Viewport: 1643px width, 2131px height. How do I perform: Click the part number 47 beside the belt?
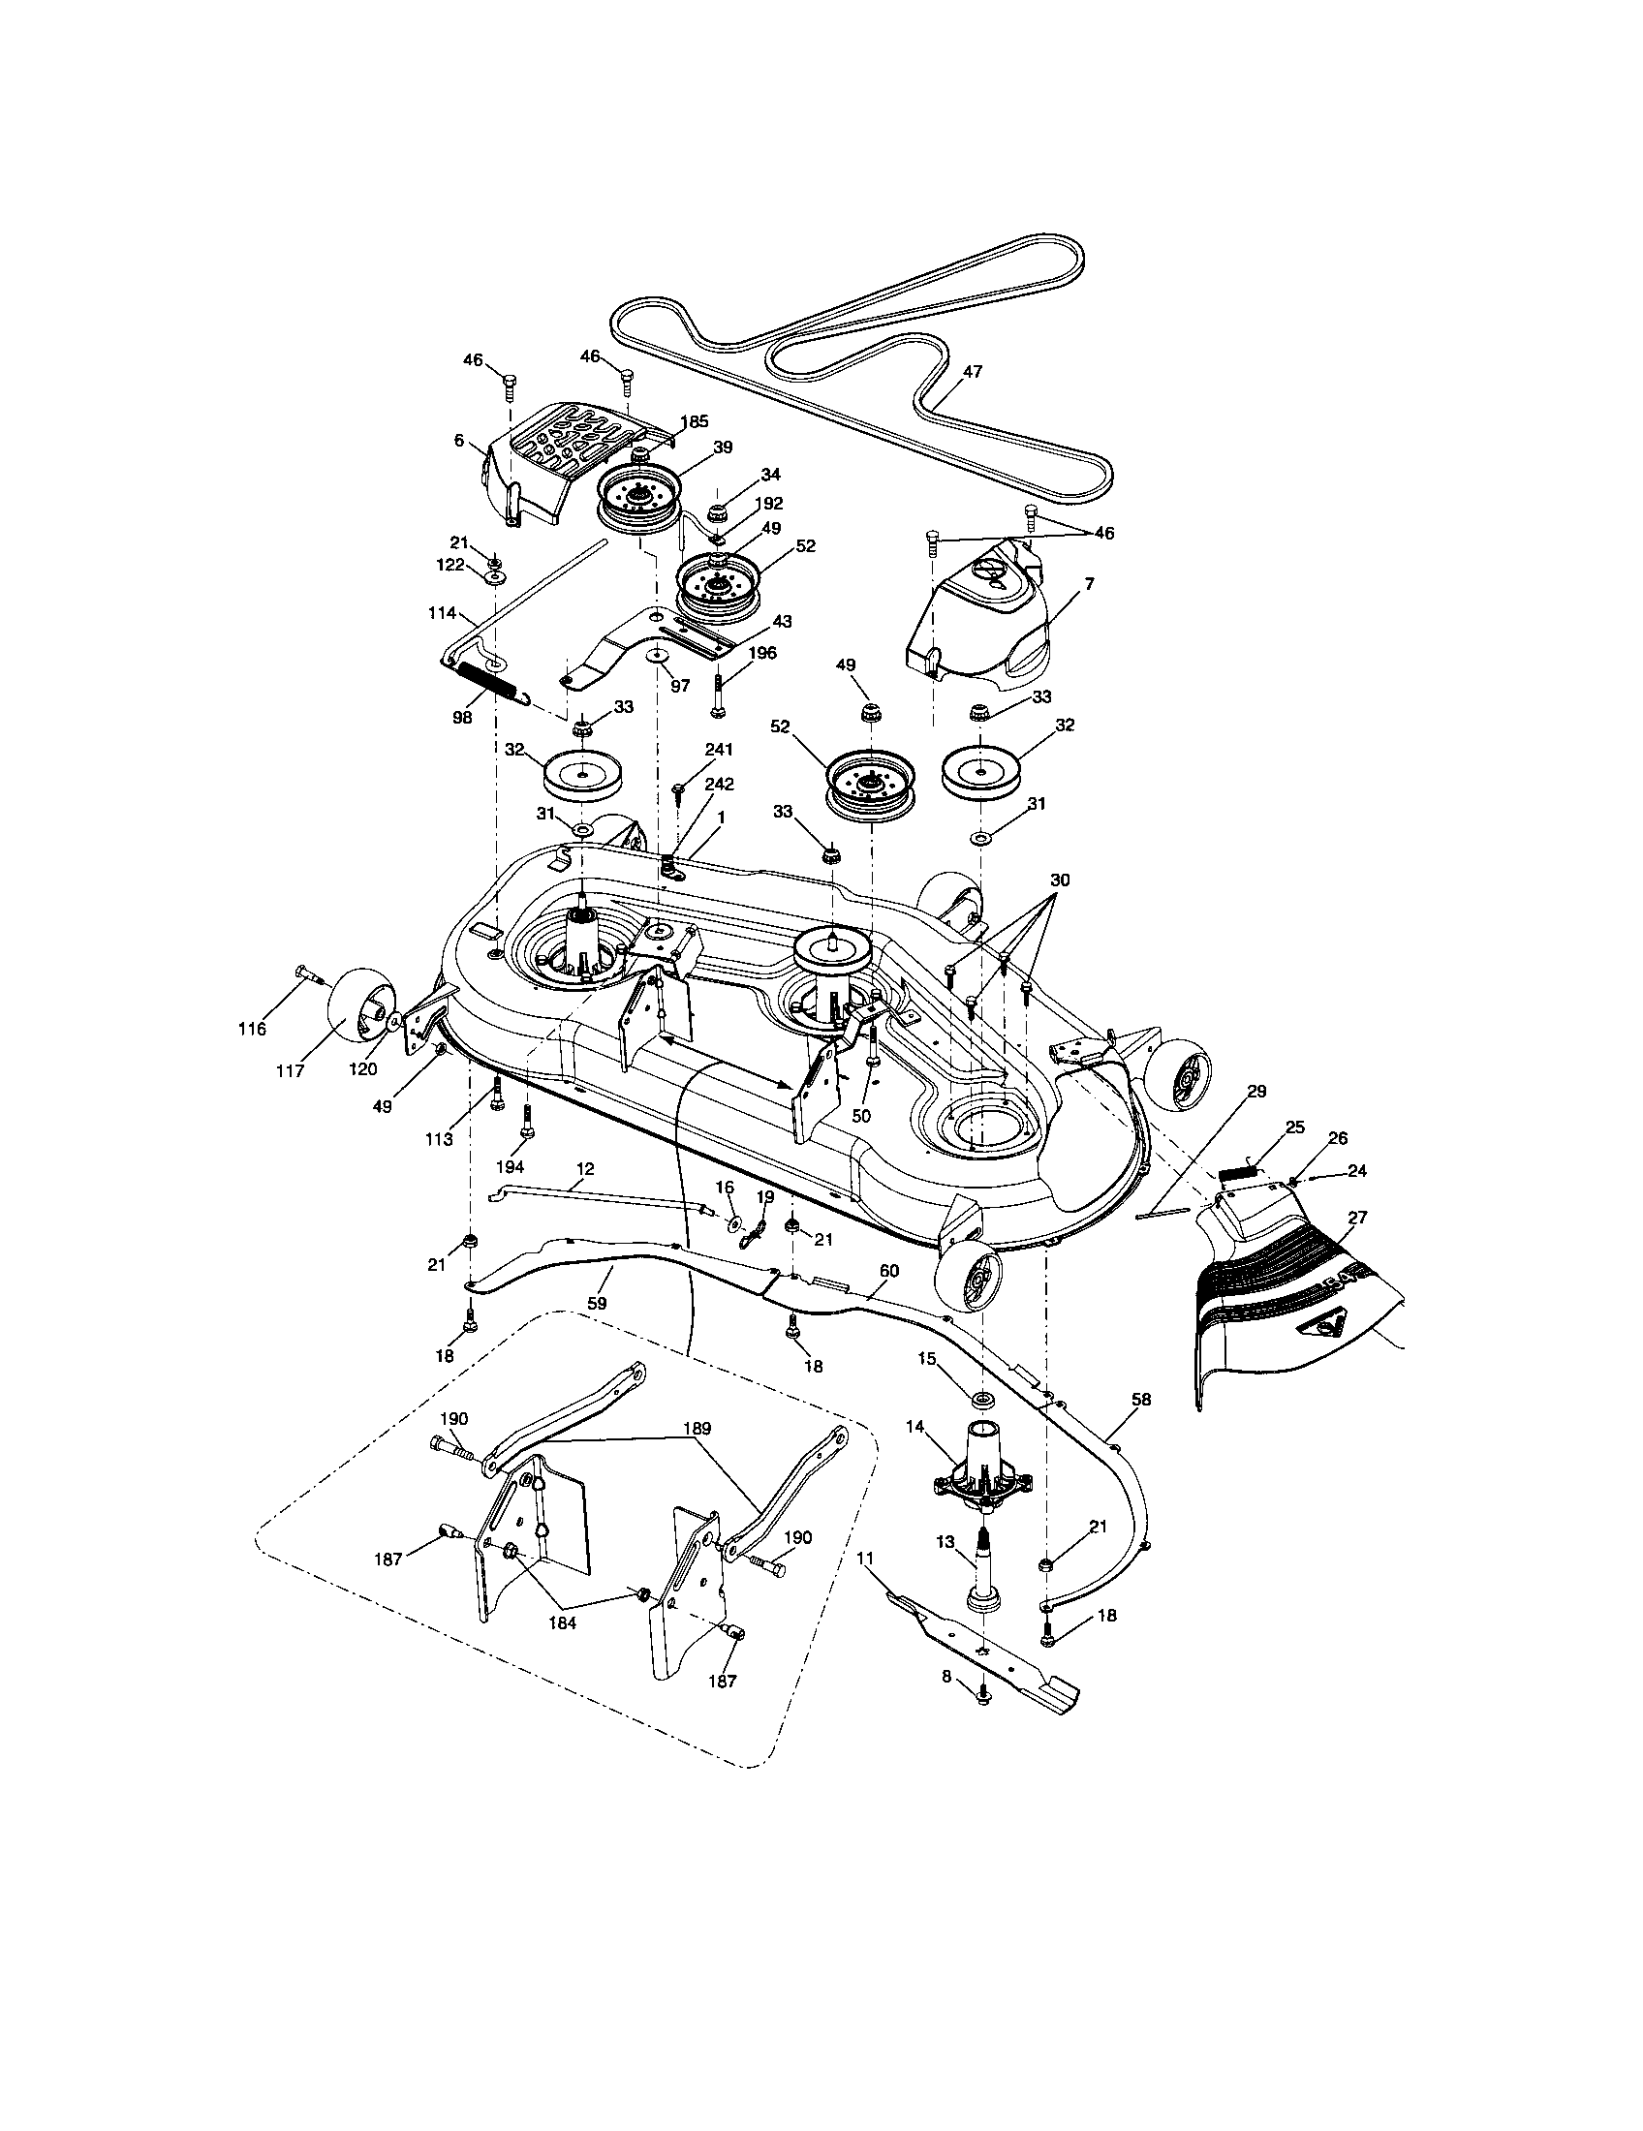[972, 371]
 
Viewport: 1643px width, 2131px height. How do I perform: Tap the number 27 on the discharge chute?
[1357, 1217]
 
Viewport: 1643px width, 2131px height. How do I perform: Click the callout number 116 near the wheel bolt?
[252, 1029]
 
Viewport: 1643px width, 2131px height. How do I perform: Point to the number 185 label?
[696, 422]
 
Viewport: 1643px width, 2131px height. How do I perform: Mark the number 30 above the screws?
[1060, 880]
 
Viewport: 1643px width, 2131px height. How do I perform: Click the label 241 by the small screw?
[717, 749]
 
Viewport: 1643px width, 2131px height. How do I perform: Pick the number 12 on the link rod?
[585, 1168]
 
